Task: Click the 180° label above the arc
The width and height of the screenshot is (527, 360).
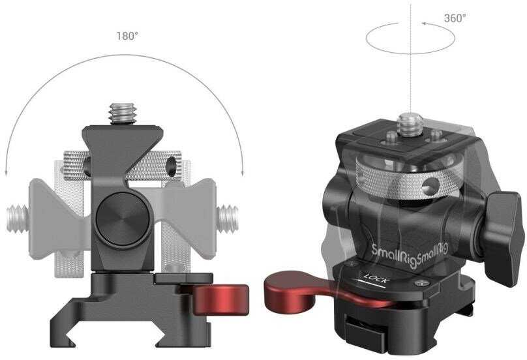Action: point(127,35)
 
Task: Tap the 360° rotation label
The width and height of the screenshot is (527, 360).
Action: point(455,18)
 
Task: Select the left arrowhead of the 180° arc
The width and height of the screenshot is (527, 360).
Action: point(7,171)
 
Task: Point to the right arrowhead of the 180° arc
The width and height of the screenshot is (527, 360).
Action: point(242,171)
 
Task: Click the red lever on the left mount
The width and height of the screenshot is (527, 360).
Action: point(222,297)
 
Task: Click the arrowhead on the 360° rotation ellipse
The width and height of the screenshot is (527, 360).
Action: point(425,24)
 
